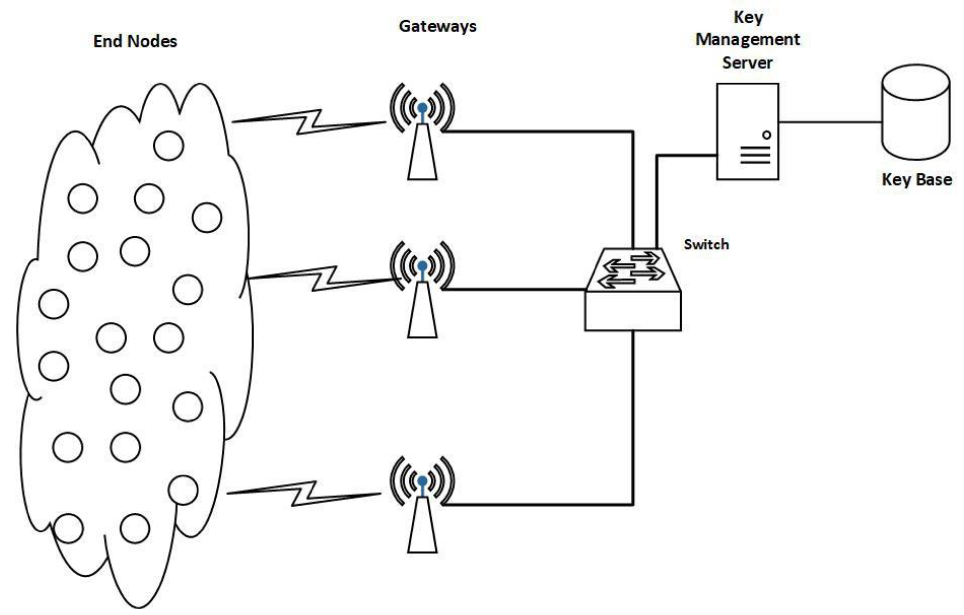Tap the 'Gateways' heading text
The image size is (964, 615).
click(x=437, y=27)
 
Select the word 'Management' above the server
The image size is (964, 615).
click(x=747, y=40)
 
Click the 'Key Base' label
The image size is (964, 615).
click(x=916, y=179)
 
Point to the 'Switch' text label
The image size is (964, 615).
click(x=706, y=244)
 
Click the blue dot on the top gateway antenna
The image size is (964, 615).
click(x=422, y=108)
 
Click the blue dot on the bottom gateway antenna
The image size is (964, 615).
click(x=422, y=481)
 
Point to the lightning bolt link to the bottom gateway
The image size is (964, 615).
click(x=304, y=493)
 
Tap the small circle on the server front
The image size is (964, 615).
click(x=766, y=135)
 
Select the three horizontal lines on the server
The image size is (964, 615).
click(x=755, y=155)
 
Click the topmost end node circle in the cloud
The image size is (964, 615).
click(x=169, y=145)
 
